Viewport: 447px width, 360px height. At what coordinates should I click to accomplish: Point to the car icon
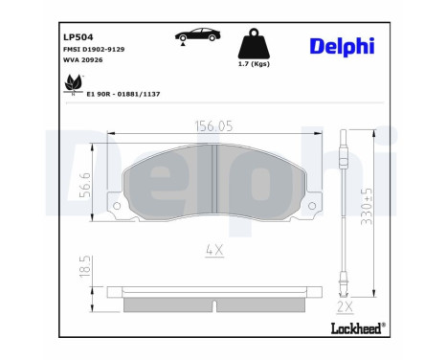click(x=194, y=37)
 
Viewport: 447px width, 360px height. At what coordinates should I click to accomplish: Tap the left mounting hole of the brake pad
click(x=117, y=206)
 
